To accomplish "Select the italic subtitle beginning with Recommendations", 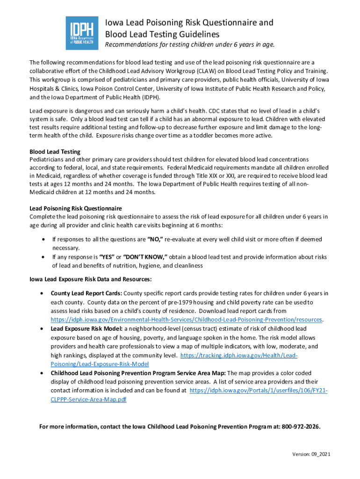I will [189, 45].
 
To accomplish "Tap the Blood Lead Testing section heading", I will [55, 152].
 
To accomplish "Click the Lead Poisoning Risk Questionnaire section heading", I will [75, 208].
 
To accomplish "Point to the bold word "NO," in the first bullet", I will [155, 239].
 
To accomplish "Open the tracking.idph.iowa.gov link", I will [238, 356].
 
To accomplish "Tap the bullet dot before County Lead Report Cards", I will [43, 293].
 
